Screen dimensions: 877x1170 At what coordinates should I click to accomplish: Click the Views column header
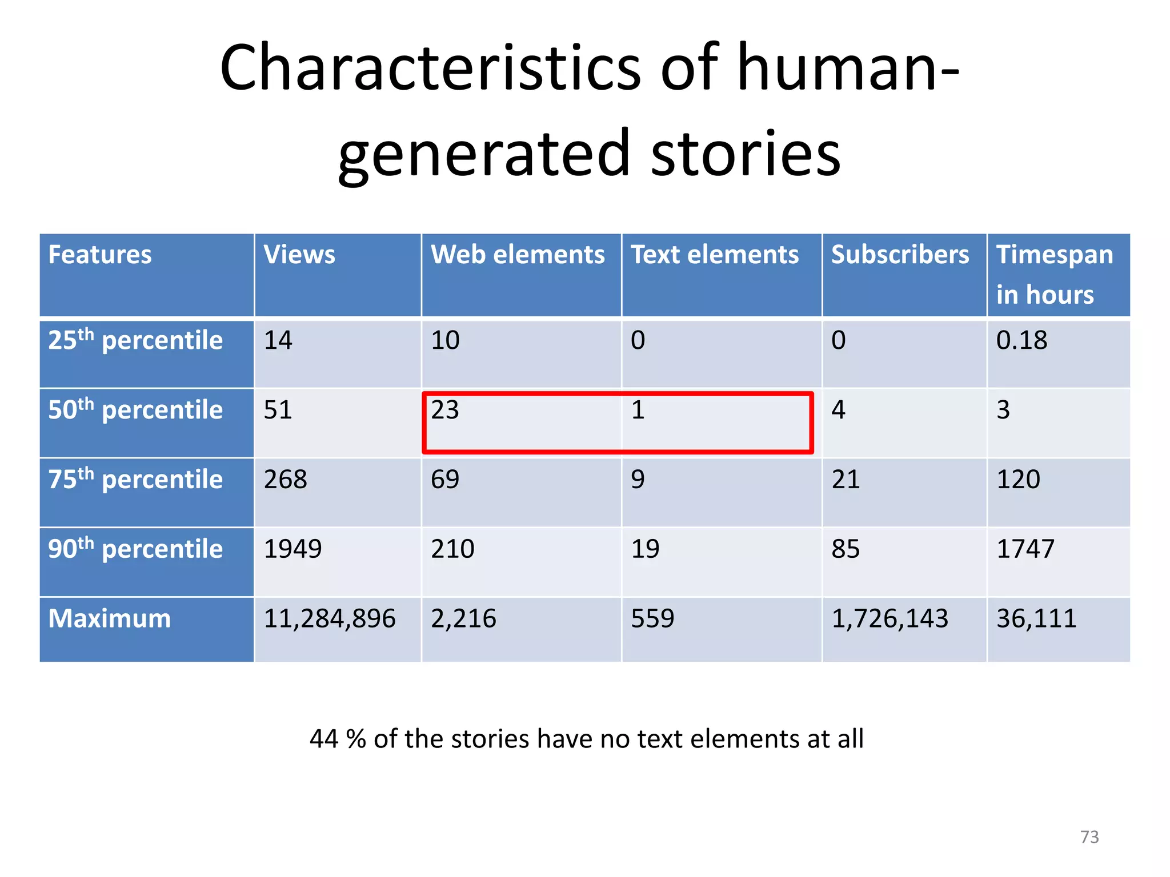pyautogui.click(x=299, y=255)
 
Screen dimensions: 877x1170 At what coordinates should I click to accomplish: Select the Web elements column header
pyautogui.click(x=518, y=255)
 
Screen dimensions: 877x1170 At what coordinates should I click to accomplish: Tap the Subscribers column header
pyautogui.click(x=900, y=255)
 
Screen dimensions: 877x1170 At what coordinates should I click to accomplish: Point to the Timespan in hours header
pyautogui.click(x=1055, y=275)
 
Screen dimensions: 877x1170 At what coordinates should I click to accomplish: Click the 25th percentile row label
pyautogui.click(x=135, y=340)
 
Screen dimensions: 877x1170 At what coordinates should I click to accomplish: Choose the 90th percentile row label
pyautogui.click(x=135, y=549)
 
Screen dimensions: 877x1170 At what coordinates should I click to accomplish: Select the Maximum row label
pyautogui.click(x=110, y=618)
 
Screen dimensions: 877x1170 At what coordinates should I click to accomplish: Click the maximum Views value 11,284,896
pyautogui.click(x=330, y=618)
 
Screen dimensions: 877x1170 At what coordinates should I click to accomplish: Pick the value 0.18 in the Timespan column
pyautogui.click(x=1021, y=340)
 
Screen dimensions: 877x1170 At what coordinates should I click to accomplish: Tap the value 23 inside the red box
pyautogui.click(x=445, y=410)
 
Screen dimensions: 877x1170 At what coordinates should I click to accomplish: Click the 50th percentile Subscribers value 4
pyautogui.click(x=838, y=410)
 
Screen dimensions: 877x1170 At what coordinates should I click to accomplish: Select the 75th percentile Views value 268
pyautogui.click(x=285, y=480)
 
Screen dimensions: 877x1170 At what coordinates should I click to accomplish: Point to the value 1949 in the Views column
pyautogui.click(x=292, y=549)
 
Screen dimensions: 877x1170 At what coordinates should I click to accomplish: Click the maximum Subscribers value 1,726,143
pyautogui.click(x=889, y=618)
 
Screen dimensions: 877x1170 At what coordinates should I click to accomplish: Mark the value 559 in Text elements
pyautogui.click(x=652, y=618)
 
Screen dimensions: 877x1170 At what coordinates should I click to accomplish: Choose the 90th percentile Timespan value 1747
pyautogui.click(x=1025, y=549)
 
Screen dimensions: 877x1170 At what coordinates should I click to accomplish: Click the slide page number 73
pyautogui.click(x=1089, y=837)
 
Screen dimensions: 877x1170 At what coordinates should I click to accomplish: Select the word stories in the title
pyautogui.click(x=746, y=153)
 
